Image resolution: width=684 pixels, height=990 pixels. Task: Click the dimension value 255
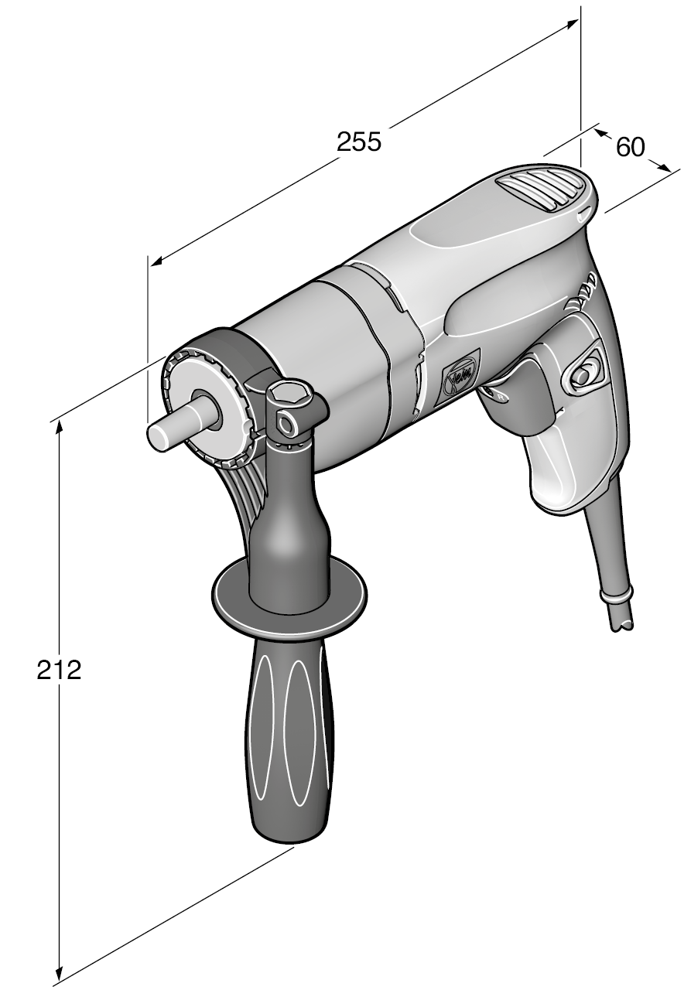click(x=359, y=142)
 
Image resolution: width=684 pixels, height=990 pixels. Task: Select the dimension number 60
click(x=631, y=145)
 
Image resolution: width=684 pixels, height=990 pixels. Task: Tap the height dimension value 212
click(x=59, y=670)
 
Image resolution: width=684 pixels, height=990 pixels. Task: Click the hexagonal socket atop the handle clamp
click(x=289, y=395)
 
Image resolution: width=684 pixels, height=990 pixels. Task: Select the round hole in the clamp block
click(x=287, y=422)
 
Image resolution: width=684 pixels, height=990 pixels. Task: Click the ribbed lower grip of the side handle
click(x=291, y=742)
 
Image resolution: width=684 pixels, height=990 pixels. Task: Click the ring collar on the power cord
click(x=616, y=595)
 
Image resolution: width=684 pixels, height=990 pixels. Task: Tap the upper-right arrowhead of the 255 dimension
click(x=573, y=22)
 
